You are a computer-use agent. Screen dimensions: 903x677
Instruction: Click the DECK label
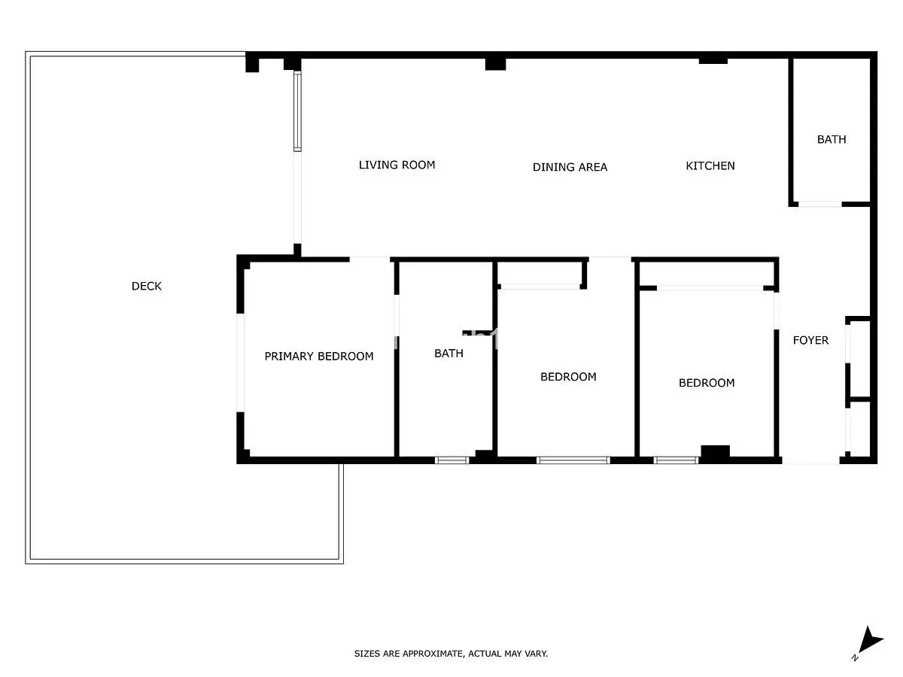click(146, 286)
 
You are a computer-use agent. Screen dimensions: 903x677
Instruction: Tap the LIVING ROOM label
click(397, 165)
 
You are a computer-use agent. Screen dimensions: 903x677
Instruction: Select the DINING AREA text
click(570, 167)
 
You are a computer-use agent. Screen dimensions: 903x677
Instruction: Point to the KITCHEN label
click(710, 165)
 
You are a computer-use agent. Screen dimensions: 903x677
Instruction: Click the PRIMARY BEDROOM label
click(319, 356)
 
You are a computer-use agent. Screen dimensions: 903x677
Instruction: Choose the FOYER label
click(810, 340)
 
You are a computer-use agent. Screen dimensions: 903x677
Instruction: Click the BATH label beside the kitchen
click(832, 139)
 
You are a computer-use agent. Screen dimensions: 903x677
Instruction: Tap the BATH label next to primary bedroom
click(448, 353)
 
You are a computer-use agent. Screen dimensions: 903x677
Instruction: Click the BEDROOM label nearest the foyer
click(707, 383)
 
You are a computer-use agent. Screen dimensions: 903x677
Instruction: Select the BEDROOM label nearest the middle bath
click(568, 377)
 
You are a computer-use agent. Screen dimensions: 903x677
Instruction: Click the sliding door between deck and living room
click(297, 111)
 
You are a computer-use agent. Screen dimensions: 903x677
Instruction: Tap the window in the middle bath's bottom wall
click(451, 460)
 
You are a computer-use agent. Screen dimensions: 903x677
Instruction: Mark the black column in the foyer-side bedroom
click(715, 454)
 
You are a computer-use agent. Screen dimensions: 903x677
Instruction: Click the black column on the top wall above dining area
click(495, 64)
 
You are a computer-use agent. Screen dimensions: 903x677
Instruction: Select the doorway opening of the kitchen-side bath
click(819, 204)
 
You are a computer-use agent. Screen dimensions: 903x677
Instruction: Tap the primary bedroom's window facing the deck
click(240, 363)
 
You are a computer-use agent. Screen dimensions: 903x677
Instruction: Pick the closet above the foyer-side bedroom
click(707, 274)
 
